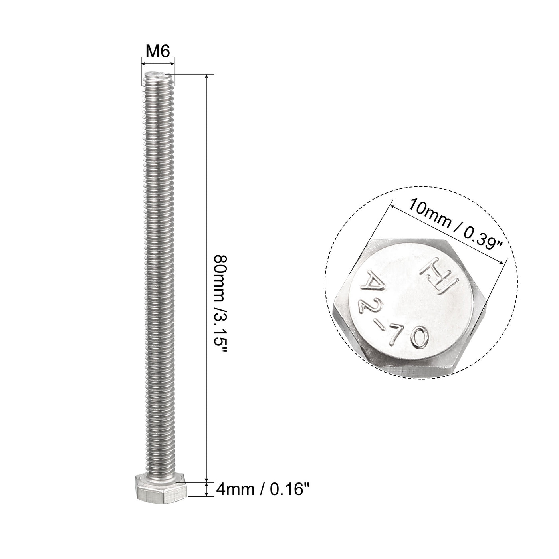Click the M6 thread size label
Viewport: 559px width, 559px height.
point(158,52)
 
